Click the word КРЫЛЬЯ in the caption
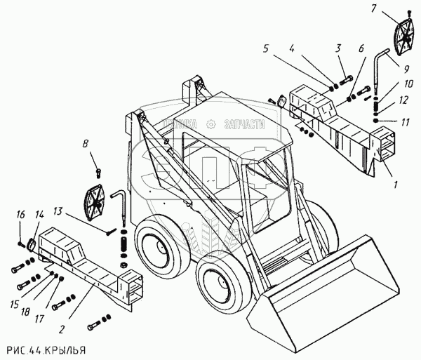[x=67, y=349]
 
